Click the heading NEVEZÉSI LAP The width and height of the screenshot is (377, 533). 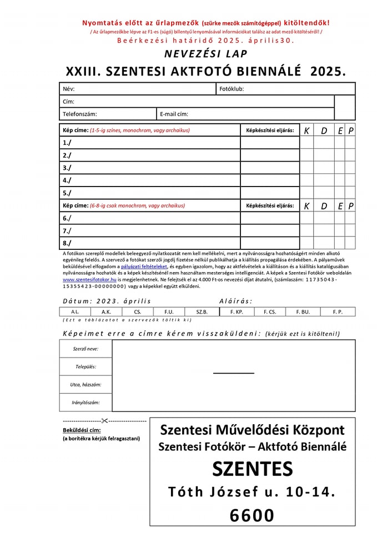tap(206, 54)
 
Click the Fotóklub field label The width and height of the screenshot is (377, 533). tap(232, 89)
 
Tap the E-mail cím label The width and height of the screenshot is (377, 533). tap(174, 114)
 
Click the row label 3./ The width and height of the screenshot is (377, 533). tap(67, 168)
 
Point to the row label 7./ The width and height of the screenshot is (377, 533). tap(67, 230)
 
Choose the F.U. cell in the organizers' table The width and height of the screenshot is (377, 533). tap(169, 312)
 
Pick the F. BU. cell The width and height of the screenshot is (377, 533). tap(303, 312)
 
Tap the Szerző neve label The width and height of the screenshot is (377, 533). tap(86, 349)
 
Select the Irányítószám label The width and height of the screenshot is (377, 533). tap(86, 403)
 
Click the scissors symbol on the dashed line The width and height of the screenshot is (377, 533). tap(104, 421)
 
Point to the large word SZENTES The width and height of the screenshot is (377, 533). tap(252, 470)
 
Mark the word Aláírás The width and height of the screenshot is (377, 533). tap(235, 301)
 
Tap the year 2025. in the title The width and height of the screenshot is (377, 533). tap(328, 71)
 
